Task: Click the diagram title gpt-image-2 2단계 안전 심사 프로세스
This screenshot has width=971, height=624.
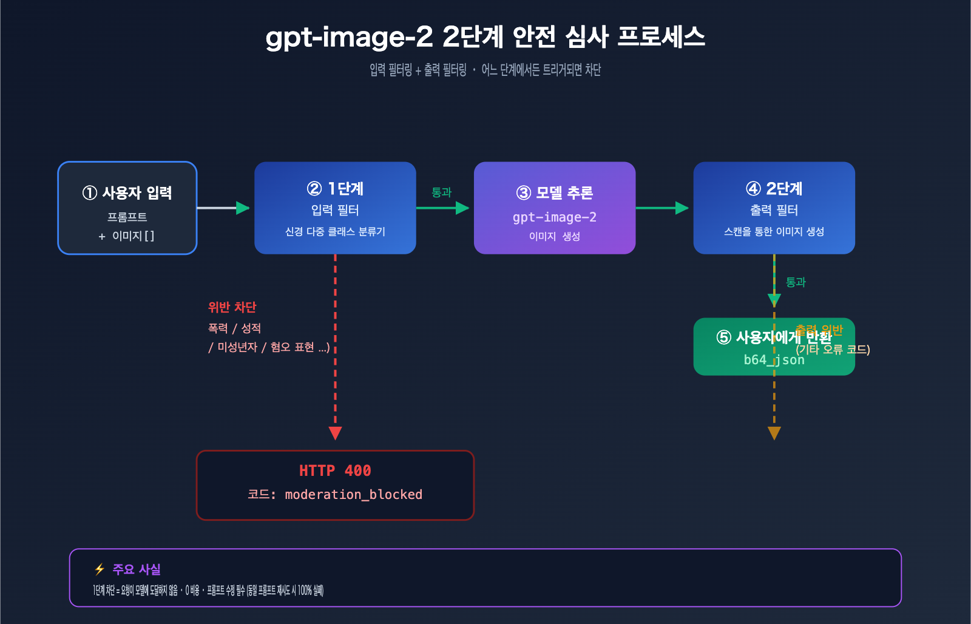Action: pyautogui.click(x=485, y=36)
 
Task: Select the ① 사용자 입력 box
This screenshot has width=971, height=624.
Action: pyautogui.click(x=127, y=208)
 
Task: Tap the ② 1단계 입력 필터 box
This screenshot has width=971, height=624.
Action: pyautogui.click(x=335, y=208)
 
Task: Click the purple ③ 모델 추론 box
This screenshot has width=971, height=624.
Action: pyautogui.click(x=554, y=208)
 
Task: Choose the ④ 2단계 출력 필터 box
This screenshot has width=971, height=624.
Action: pyautogui.click(x=774, y=208)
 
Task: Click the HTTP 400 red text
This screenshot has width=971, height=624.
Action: pyautogui.click(x=335, y=470)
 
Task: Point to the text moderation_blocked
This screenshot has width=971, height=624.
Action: pyautogui.click(x=353, y=495)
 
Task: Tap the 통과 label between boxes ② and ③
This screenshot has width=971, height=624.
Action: pyautogui.click(x=441, y=192)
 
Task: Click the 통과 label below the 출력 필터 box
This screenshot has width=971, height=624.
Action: pyautogui.click(x=796, y=282)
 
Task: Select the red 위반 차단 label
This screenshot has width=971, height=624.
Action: pyautogui.click(x=232, y=307)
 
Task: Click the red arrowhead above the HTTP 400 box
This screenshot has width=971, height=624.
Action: pyautogui.click(x=335, y=433)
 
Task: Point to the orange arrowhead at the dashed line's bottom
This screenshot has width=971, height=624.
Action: pyautogui.click(x=774, y=433)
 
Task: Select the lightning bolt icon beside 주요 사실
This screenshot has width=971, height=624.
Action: pyautogui.click(x=100, y=569)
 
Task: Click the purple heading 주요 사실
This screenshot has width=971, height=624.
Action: pyautogui.click(x=137, y=569)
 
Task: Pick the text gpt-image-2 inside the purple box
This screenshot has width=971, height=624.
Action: pyautogui.click(x=554, y=217)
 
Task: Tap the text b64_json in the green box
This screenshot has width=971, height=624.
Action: pyautogui.click(x=774, y=360)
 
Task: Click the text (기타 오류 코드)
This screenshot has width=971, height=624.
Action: pyautogui.click(x=833, y=350)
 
